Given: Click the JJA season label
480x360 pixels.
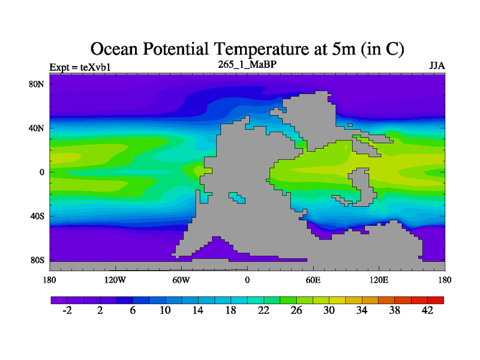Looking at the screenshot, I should click(437, 65).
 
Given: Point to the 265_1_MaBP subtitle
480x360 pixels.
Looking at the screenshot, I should click(247, 64).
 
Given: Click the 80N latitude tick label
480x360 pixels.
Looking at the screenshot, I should click(38, 84).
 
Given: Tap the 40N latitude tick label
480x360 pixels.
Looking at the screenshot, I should click(38, 128).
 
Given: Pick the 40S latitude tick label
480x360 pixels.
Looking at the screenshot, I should click(38, 216).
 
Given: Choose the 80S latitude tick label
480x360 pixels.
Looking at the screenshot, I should click(38, 260).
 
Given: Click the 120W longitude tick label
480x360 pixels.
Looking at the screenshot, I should click(115, 280).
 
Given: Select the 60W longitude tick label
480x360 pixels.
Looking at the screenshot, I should click(181, 280).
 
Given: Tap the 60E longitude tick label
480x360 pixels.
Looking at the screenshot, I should click(313, 280).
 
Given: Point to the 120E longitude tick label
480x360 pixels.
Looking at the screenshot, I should click(379, 280).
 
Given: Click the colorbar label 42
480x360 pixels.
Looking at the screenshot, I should click(428, 310).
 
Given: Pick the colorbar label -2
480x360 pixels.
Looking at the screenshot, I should click(67, 310).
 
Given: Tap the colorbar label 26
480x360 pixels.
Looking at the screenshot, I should click(296, 310).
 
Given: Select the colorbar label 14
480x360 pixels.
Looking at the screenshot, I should click(198, 310).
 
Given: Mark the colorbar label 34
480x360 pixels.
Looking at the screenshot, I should click(362, 310).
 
